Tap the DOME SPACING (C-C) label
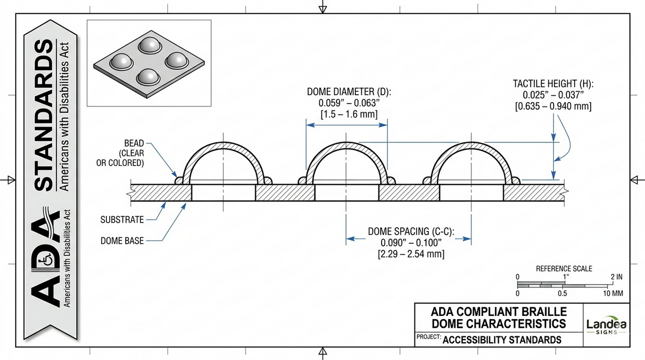tap(411, 232)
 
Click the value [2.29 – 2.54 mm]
tap(411, 254)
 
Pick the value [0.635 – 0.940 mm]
tap(553, 106)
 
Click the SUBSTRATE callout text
tap(122, 219)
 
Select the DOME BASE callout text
tap(122, 241)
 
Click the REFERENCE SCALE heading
tap(564, 268)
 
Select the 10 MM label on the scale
tap(613, 294)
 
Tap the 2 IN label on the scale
tap(616, 277)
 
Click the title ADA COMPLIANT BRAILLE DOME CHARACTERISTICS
tap(499, 318)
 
